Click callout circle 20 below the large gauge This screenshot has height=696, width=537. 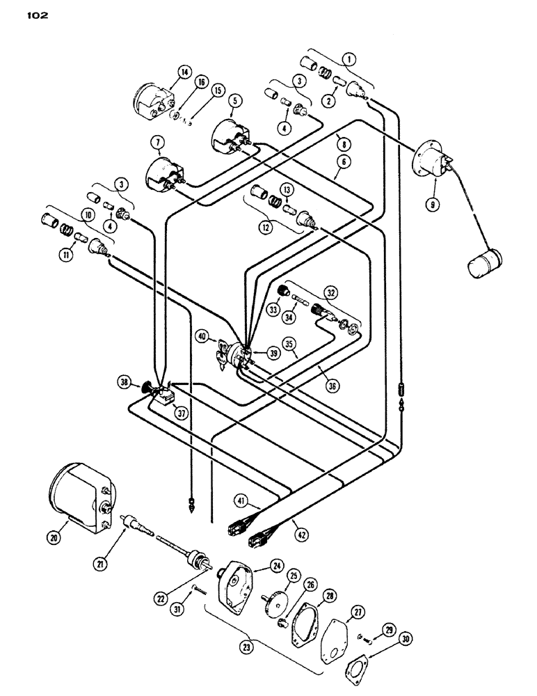click(55, 536)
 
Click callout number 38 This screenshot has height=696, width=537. click(125, 383)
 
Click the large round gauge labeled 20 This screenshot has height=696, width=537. click(74, 493)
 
